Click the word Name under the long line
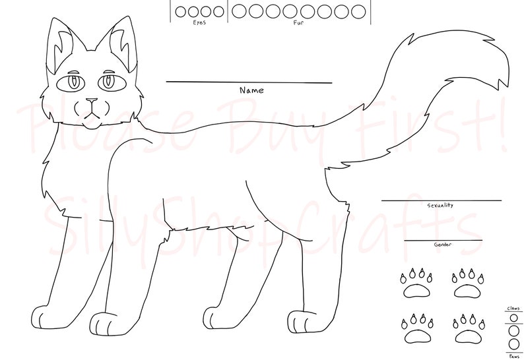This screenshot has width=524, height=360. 251,90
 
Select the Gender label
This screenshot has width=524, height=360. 442,245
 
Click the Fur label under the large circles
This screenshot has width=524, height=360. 298,22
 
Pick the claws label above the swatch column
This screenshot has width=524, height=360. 513,309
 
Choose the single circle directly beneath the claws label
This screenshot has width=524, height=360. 513,318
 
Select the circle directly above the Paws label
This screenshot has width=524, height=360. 513,344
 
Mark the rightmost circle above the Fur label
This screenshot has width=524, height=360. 358,11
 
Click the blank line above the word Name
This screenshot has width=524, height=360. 249,82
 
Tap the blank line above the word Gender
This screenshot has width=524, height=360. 443,240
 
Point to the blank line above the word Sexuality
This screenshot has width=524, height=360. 441,200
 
